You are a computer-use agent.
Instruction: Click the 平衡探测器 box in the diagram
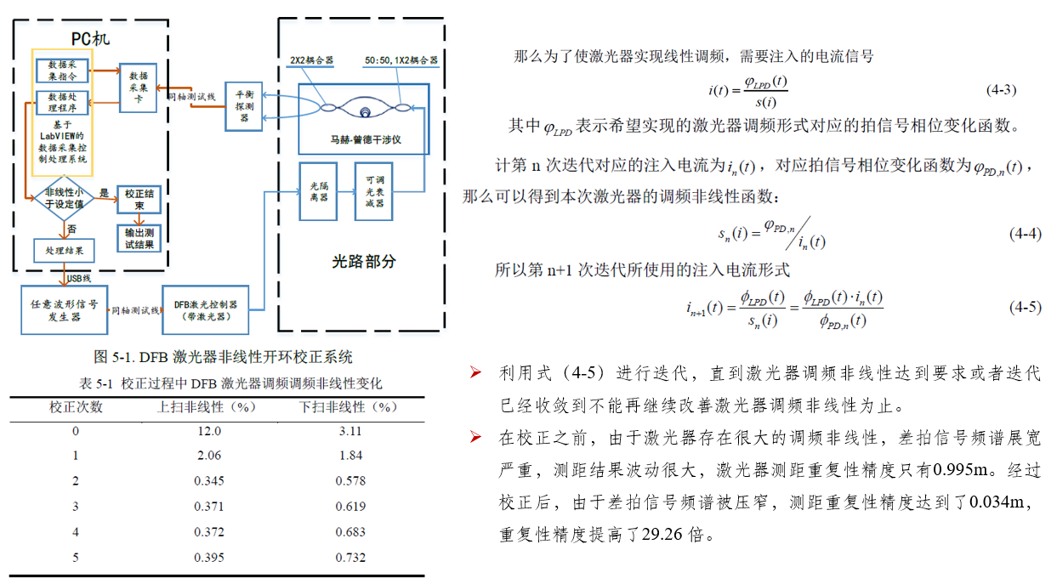(x=245, y=107)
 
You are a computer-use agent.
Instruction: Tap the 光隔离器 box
(x=319, y=190)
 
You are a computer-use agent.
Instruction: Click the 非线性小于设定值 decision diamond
(x=64, y=198)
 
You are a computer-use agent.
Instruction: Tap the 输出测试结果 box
(x=139, y=239)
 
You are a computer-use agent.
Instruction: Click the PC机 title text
(x=90, y=38)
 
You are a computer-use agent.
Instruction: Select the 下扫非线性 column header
(x=349, y=407)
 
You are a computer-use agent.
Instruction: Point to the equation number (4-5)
(x=1025, y=307)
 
